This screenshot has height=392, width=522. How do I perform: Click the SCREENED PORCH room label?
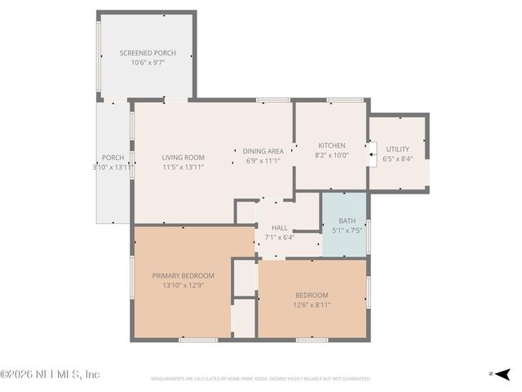148,53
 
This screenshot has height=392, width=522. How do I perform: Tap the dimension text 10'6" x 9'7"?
148,62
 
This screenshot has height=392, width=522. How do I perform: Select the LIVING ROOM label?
183,158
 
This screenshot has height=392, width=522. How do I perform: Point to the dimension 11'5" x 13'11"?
183,167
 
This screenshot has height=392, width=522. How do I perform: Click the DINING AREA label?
263,151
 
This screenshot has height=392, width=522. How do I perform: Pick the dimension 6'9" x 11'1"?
263,160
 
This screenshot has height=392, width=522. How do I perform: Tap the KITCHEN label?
332,145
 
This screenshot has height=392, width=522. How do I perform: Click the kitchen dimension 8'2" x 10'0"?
332,154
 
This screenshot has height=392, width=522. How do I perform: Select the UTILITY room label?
397,149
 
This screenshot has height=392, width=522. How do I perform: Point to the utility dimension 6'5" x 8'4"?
397,158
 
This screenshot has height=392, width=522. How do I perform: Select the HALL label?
280,229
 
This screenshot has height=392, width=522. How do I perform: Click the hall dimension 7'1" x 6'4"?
280,238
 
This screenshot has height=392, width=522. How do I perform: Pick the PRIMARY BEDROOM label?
184,276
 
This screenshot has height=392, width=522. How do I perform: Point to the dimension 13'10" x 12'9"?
184,286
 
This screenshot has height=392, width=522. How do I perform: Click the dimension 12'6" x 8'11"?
312,305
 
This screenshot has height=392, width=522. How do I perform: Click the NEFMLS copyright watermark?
50,374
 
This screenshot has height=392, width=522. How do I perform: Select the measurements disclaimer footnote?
261,379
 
